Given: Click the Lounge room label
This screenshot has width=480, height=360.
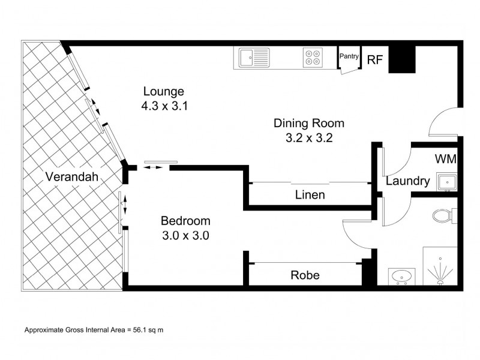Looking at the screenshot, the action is (x=164, y=91).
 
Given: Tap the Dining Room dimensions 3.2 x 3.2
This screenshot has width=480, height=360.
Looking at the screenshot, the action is (x=309, y=138).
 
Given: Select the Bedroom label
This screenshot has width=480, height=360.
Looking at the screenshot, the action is (x=185, y=221).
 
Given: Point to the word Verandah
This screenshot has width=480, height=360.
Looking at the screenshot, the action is (x=72, y=176).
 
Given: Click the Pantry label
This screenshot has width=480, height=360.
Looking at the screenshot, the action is (x=349, y=56).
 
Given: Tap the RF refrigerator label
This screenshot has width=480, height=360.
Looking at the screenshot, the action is (x=375, y=59).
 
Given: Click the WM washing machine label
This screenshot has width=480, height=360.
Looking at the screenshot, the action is (x=445, y=159).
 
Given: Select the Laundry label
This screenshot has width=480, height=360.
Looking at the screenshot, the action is (x=408, y=181).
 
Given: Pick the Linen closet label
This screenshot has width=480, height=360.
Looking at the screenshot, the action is (x=310, y=194).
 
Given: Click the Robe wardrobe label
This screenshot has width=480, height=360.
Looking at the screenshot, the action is (x=305, y=275).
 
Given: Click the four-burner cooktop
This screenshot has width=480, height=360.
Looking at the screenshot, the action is (x=313, y=58).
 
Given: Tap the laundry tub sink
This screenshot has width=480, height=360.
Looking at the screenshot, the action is (x=447, y=182).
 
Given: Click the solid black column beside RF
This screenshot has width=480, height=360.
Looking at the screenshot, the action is (x=402, y=59).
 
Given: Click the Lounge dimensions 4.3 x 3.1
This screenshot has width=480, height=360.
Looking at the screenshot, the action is (x=164, y=106).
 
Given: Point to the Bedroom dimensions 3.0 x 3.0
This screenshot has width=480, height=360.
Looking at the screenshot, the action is (x=185, y=235).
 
